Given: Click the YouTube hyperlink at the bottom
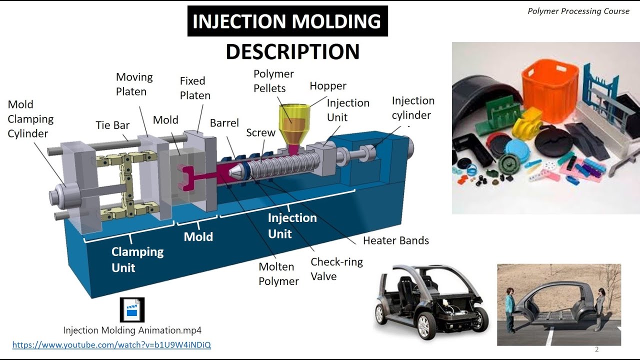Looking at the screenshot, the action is pos(111,345).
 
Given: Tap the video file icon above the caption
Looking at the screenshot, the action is pos(132,309).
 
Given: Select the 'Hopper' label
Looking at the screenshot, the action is pos(328,85).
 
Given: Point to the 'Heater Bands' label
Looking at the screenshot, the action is pos(395,240).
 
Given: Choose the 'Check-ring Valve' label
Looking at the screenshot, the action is pos(336,269).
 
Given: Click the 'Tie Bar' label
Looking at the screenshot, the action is pos(112,125).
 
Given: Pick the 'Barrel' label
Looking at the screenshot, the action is pos(224,123).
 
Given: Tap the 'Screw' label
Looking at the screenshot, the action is pos(260,132).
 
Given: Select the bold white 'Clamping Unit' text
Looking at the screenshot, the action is pos(137,259).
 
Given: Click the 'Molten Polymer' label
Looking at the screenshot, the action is pos(278,274).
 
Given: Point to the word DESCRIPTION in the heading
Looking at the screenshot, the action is pos(292,51).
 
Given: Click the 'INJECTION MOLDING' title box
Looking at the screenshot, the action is pos(287,21).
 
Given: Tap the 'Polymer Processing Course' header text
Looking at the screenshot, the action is pos(578,11).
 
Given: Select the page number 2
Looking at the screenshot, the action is pos(596,349).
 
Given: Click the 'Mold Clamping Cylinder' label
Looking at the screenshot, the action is pos(30,119).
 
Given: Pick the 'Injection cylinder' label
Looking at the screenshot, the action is pos(413,107).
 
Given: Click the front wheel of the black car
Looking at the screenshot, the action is pos(423,325).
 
